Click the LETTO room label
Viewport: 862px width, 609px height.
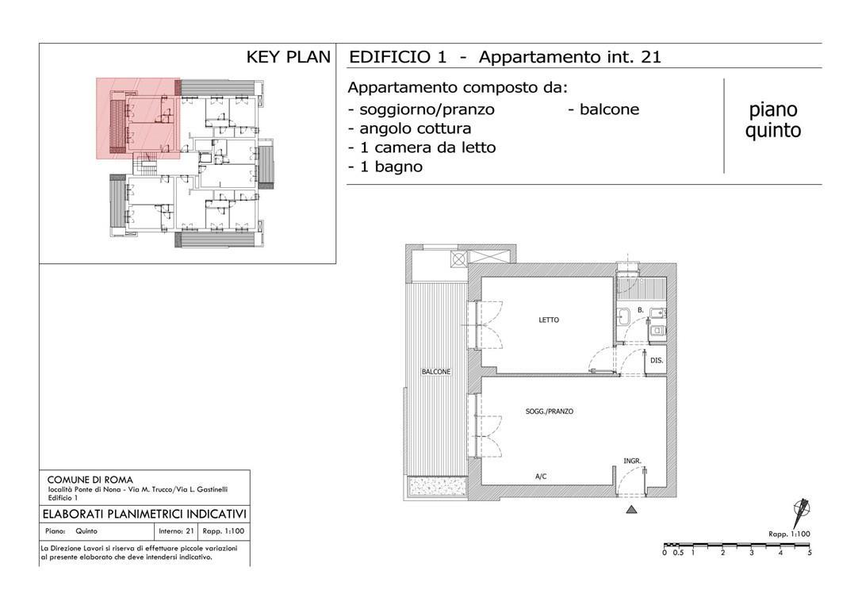[x=549, y=320]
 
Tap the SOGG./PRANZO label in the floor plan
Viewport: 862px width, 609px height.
[x=550, y=411]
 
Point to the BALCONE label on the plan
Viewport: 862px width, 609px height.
[x=436, y=372]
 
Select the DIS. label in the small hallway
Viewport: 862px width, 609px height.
[x=657, y=361]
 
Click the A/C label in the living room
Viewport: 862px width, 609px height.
[x=541, y=477]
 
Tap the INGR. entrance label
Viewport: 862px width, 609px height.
[x=632, y=462]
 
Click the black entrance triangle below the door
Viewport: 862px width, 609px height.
[x=632, y=510]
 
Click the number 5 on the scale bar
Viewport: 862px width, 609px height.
[x=810, y=553]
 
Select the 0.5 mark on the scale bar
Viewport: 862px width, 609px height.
[x=678, y=553]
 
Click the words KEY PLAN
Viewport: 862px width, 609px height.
[x=288, y=57]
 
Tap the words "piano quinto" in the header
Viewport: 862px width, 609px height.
[x=773, y=121]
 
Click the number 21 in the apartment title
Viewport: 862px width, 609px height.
[x=651, y=57]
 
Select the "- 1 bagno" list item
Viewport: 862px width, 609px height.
[x=385, y=167]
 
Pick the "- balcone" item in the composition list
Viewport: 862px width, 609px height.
[x=603, y=109]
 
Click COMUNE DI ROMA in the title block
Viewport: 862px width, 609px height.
[x=90, y=480]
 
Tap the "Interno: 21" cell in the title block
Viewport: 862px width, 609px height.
[x=176, y=531]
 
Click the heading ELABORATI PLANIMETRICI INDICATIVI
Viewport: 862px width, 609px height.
[x=144, y=515]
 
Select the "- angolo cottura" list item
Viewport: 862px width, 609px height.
[x=409, y=128]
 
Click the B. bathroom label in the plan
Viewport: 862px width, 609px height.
[x=641, y=311]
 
